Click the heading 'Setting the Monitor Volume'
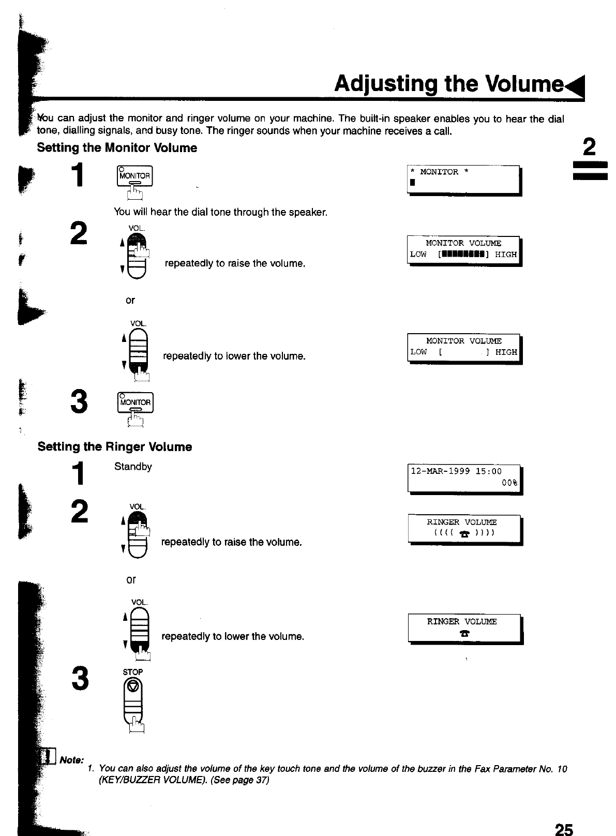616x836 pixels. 117,148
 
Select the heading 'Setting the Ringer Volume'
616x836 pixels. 115,447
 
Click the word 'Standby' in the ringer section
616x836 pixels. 133,467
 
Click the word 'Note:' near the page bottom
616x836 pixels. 72,760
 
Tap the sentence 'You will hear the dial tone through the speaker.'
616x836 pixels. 220,212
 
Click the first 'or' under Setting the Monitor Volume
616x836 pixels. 130,301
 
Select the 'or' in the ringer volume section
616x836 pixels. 131,580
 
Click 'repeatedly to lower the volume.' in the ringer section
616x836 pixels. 233,636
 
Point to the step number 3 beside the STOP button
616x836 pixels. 79,679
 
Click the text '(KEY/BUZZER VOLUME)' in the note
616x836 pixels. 145,780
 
